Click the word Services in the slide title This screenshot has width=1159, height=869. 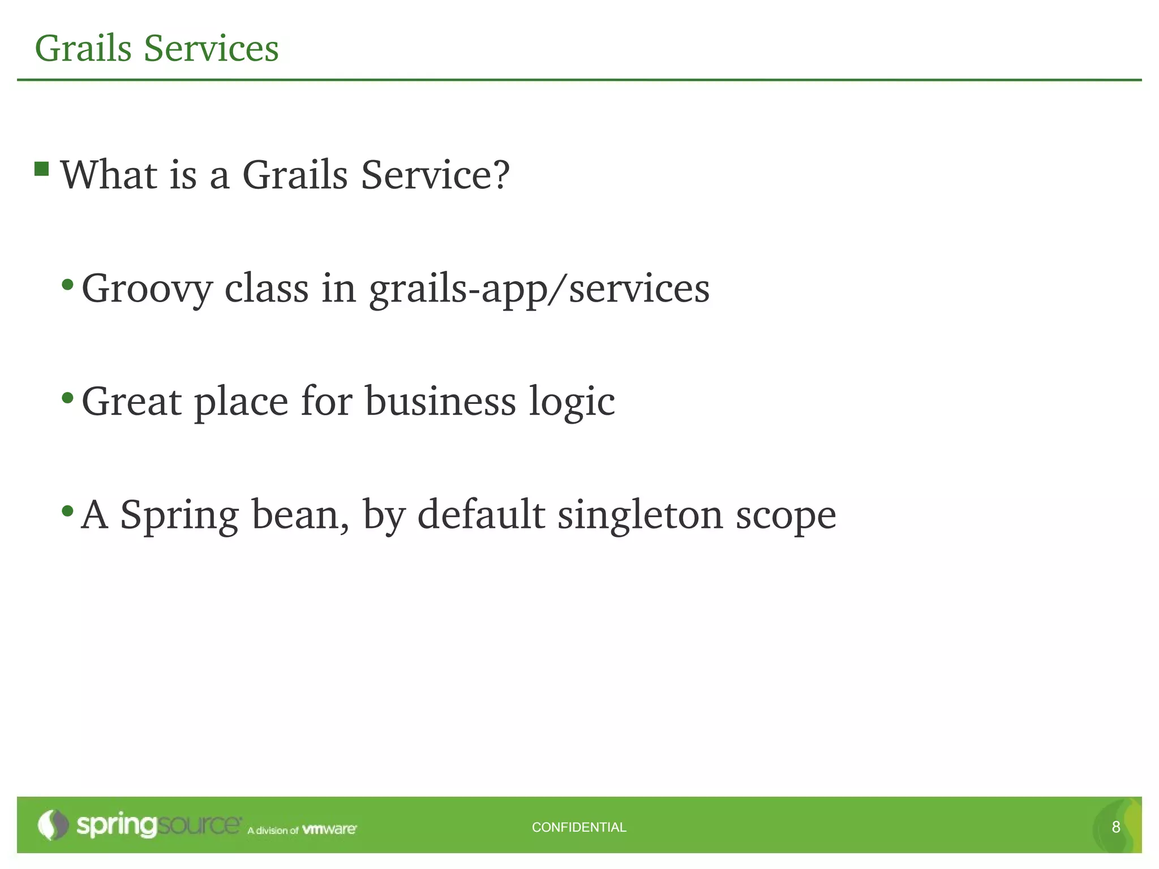click(211, 49)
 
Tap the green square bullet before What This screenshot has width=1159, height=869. click(41, 169)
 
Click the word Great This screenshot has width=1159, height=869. click(131, 402)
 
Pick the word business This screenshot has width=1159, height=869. click(440, 402)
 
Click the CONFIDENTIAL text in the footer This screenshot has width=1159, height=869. click(579, 827)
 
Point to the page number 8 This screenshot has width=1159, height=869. click(1115, 827)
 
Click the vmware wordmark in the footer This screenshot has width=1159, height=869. click(329, 829)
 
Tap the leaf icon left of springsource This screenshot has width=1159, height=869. click(53, 825)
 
